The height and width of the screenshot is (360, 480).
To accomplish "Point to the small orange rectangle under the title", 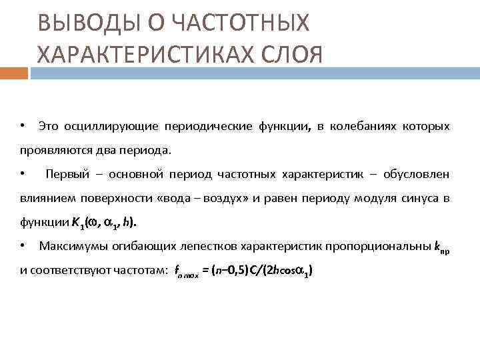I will click(x=14, y=73).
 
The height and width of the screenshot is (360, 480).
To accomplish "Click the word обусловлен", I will click(x=418, y=175).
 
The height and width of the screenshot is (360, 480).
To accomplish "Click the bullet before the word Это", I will click(x=23, y=126).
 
